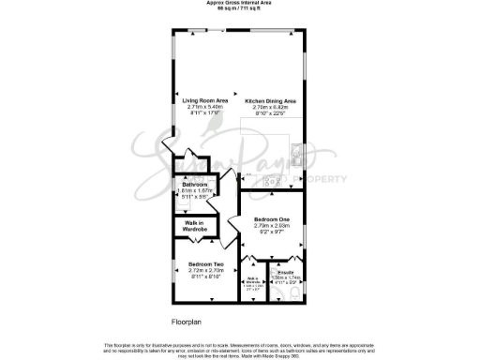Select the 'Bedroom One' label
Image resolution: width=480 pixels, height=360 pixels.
point(270,218)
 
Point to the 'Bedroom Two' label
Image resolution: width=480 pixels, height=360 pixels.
point(203,264)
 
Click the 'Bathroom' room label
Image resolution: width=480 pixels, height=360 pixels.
point(194,184)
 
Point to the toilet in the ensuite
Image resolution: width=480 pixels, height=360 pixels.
point(293,292)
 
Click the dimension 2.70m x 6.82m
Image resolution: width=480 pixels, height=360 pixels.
point(270,107)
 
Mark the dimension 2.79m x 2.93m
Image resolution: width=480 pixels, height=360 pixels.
point(270,225)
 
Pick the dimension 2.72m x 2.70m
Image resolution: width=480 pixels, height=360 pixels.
point(203,270)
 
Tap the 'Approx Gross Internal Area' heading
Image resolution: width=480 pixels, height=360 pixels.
point(239,3)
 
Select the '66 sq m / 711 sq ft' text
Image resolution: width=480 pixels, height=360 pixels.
point(239,8)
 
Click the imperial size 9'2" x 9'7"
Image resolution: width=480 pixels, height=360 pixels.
point(270,232)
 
